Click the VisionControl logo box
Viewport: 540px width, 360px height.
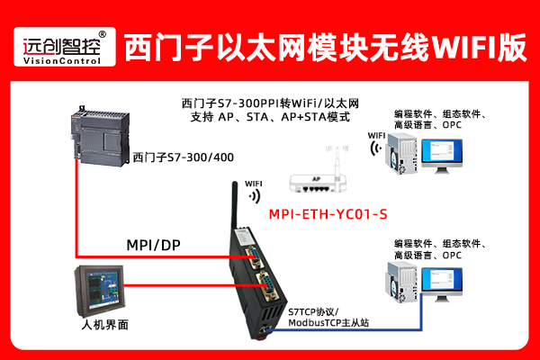coord(65,47)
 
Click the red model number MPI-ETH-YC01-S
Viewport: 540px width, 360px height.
coord(328,214)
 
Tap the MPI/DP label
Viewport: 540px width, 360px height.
coord(154,245)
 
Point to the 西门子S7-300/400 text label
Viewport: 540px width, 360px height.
coord(184,157)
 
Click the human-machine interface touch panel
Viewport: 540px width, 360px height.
coord(100,291)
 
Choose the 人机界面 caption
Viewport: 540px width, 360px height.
coord(105,325)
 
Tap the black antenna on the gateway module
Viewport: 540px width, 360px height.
coord(235,204)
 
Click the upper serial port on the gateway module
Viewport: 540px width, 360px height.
coord(255,256)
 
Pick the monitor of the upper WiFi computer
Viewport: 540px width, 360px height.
coord(442,156)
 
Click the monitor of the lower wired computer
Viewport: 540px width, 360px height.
coord(442,284)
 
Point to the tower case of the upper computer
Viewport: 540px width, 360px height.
coord(402,154)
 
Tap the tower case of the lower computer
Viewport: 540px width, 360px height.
coord(402,282)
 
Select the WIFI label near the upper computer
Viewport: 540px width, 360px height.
coord(377,135)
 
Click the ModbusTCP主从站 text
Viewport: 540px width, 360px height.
coord(328,323)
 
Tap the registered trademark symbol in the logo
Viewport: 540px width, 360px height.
coord(103,34)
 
